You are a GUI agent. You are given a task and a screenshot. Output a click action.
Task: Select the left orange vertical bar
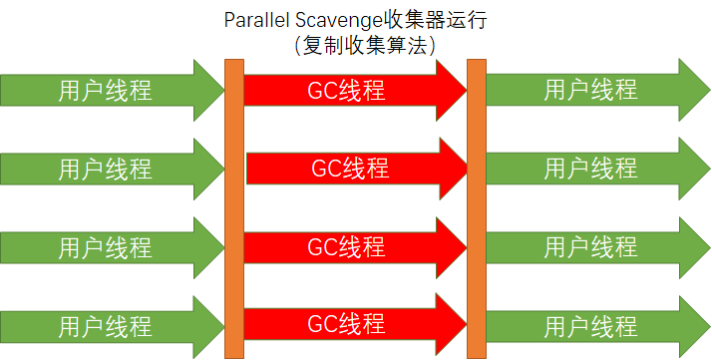coord(234,207)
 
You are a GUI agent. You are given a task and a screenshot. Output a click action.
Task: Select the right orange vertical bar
coord(476,207)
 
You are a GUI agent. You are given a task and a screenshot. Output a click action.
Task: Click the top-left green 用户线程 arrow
coord(106,90)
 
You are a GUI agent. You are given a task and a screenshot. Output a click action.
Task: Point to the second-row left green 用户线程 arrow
coord(106,168)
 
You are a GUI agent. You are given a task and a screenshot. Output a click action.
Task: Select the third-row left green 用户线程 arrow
coord(106,245)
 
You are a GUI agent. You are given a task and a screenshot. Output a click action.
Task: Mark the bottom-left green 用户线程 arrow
coord(106,324)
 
